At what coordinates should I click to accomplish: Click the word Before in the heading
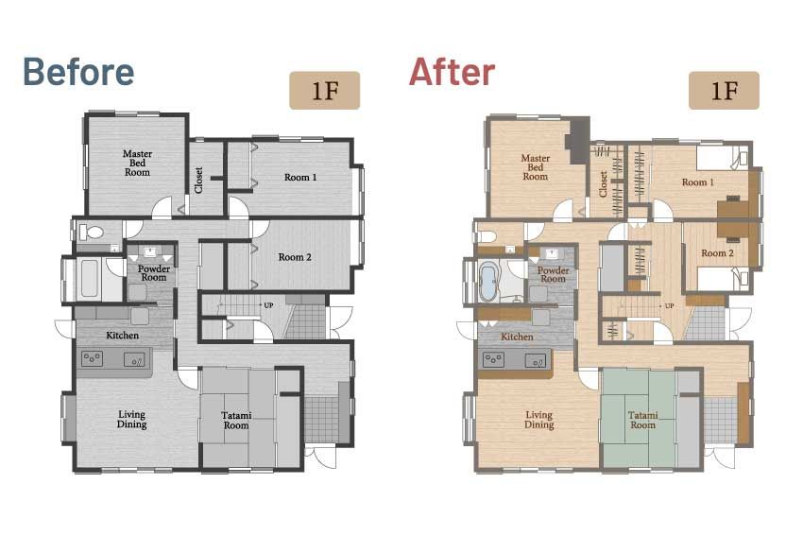(x=78, y=72)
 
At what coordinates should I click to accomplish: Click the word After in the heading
(x=452, y=72)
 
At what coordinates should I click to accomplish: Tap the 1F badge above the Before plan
(x=325, y=90)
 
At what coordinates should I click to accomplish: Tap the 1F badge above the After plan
(x=724, y=90)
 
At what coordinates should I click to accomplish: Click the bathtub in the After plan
(x=488, y=282)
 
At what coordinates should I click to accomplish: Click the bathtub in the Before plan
(x=89, y=278)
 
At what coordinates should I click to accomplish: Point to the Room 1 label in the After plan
(x=697, y=182)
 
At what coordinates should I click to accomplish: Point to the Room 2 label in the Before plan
(x=295, y=257)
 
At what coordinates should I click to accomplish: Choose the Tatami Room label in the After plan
(x=642, y=420)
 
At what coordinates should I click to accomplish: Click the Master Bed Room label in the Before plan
(x=137, y=163)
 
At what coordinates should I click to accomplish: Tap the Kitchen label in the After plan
(x=517, y=337)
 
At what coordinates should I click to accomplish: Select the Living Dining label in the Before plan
(x=131, y=419)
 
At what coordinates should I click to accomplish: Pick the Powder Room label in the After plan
(x=553, y=274)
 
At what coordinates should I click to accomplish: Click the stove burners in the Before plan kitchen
(x=92, y=357)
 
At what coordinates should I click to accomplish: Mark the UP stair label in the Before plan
(x=268, y=305)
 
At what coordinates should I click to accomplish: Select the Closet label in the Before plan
(x=198, y=180)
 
